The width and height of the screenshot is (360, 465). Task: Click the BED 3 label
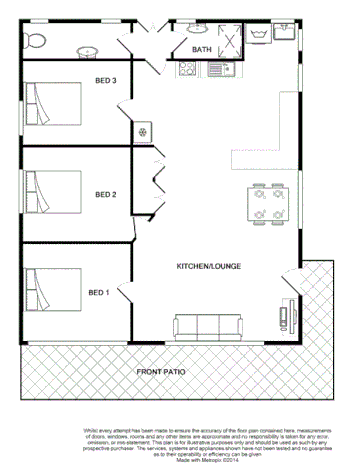(x=106, y=80)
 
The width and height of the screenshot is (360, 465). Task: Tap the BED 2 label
(x=106, y=194)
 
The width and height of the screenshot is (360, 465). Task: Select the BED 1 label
(x=98, y=292)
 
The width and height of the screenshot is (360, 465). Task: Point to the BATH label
(x=202, y=49)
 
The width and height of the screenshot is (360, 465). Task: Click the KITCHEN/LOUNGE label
(x=206, y=267)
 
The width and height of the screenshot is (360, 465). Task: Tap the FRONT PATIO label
(x=162, y=372)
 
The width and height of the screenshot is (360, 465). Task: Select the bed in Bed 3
(x=51, y=102)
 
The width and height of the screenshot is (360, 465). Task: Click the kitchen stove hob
(x=187, y=70)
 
